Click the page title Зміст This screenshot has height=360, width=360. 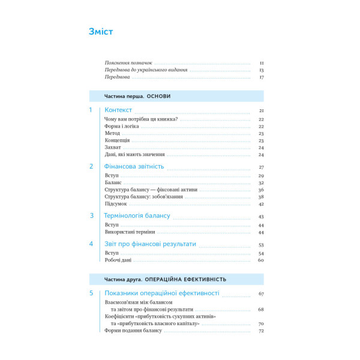[x=101, y=32]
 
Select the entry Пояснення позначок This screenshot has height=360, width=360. [x=129, y=62]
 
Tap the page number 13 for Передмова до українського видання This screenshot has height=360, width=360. [x=262, y=70]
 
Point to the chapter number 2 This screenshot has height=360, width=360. [x=91, y=166]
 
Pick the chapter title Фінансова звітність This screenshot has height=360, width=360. [x=134, y=166]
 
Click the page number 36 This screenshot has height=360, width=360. [x=262, y=190]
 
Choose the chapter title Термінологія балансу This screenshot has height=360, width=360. [x=137, y=215]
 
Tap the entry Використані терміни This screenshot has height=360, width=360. [x=130, y=232]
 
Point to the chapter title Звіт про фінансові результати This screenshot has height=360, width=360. [x=151, y=244]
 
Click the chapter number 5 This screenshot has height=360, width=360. [x=91, y=293]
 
